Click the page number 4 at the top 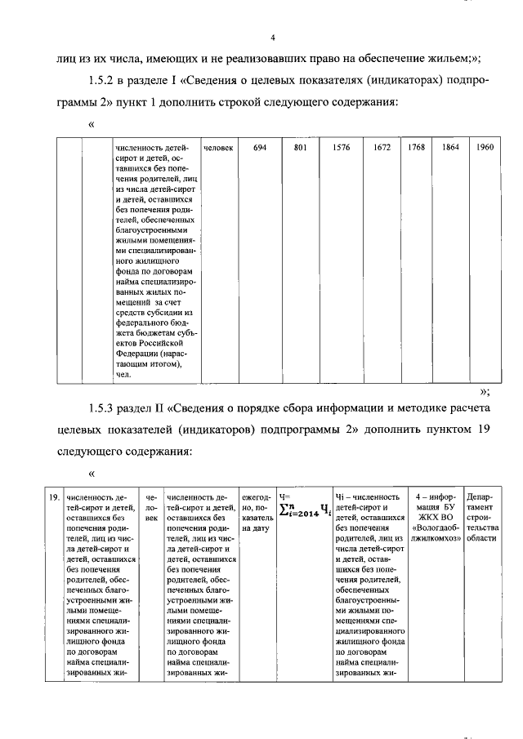click(274, 37)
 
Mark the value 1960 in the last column click(485, 148)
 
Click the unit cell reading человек click(218, 148)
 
